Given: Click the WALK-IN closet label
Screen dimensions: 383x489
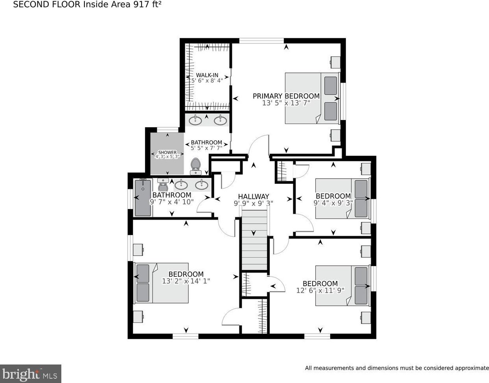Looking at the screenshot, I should pos(207,75).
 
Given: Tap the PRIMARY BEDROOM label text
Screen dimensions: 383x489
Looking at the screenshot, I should pos(286,96).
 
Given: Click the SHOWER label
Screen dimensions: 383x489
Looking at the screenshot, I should pos(167,152).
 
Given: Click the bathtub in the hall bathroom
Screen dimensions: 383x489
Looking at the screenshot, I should pos(143,197).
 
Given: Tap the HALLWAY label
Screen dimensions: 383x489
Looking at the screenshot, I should pos(254,196).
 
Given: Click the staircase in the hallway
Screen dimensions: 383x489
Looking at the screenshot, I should pos(254,240).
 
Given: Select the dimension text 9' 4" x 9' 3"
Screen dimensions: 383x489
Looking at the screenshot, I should pos(333,203).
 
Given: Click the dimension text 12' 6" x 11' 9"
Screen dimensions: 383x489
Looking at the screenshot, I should pos(320,290).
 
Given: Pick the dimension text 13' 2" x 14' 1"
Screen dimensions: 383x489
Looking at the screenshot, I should pos(186,281).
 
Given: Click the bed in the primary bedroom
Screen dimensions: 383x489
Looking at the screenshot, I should pos(311,98).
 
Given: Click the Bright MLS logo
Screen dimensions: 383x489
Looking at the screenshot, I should pos(31,373).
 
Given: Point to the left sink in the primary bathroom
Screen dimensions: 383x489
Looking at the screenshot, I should pos(195,120).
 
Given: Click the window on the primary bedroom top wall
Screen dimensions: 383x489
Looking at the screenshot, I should pos(261,40).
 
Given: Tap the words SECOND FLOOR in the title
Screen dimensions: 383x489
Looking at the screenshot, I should pos(47,5).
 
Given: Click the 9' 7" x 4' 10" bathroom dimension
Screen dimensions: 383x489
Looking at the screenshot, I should pos(171,202).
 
